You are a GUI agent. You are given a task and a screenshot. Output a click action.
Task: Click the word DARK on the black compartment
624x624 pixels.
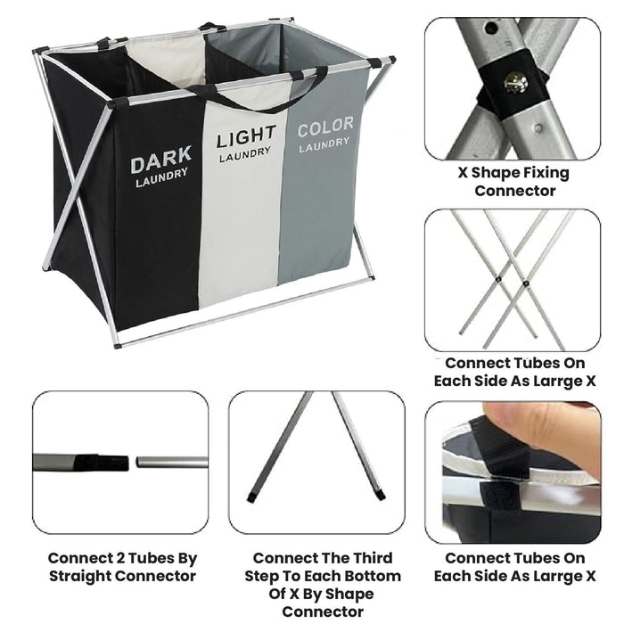coord(160,163)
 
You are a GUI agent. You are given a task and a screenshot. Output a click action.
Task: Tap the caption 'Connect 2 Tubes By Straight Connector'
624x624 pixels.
coord(122,567)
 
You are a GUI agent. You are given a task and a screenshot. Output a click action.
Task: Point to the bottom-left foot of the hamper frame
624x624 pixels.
coord(117,343)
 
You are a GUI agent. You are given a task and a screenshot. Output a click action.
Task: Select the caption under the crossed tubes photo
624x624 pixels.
coord(514,372)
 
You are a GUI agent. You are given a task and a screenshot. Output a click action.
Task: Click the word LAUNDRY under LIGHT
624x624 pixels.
coord(245,154)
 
